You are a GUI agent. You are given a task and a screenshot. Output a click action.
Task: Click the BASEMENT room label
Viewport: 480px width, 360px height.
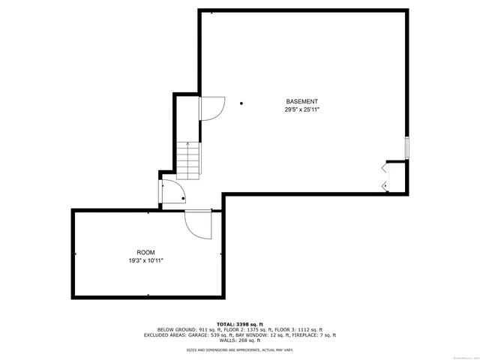point(301,101)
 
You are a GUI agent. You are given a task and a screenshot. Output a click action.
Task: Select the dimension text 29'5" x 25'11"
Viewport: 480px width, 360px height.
point(301,110)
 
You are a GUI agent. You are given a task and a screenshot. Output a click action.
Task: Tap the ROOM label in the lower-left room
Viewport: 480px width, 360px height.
point(145,253)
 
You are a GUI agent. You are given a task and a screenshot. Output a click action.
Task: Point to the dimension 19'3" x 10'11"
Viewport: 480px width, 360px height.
point(145,261)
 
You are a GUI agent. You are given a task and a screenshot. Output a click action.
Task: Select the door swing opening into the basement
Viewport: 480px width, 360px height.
point(211,109)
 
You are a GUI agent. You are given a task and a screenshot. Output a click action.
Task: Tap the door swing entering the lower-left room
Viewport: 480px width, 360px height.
point(198,224)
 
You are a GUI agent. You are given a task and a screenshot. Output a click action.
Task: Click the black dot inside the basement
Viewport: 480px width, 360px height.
point(241,103)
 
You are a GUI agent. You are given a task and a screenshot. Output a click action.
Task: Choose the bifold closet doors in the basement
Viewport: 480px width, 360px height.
point(385,176)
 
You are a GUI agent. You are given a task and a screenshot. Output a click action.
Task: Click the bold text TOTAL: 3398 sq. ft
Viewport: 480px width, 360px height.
point(239,322)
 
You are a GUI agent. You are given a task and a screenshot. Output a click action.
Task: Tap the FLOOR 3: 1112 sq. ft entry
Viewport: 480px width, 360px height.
point(299,329)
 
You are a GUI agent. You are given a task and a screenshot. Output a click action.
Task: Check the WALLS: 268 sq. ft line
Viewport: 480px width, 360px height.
point(239,341)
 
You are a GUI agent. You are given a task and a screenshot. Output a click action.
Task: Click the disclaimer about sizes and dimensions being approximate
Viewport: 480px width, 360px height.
point(239,349)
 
